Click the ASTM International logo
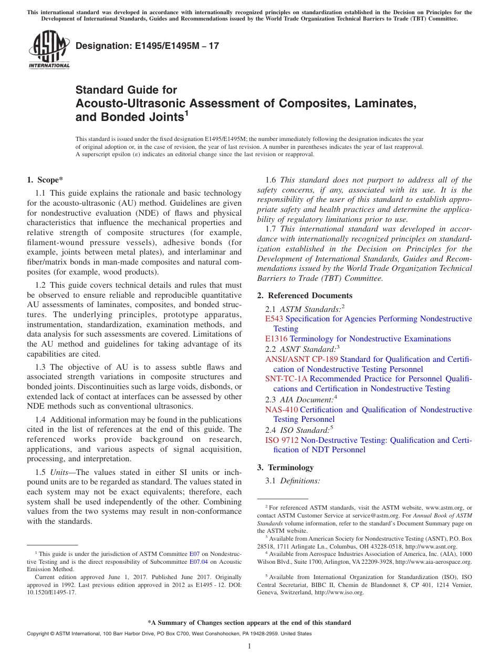pyautogui.click(x=49, y=49)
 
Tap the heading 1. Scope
pyautogui.click(x=45, y=180)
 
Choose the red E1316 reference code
pyautogui.click(x=276, y=339)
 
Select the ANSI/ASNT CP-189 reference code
pyautogui.click(x=302, y=359)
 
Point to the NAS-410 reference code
pyautogui.click(x=281, y=409)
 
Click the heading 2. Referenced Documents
pyautogui.click(x=305, y=296)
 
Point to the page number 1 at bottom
pyautogui.click(x=250, y=646)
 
